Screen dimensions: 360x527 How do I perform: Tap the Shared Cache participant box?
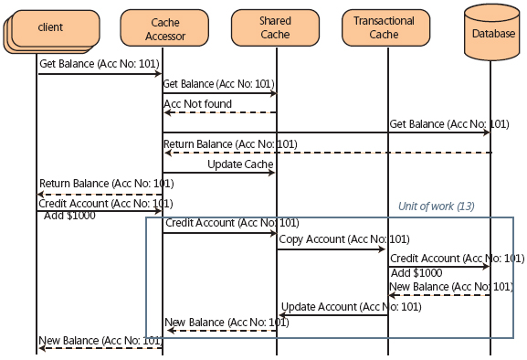tap(275, 26)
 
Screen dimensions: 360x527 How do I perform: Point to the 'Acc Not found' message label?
tap(197, 103)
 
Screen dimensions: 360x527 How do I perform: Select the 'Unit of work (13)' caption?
tap(437, 206)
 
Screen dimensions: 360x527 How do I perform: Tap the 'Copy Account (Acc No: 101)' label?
tap(332, 239)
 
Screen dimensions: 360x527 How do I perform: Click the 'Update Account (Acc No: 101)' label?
tap(351, 306)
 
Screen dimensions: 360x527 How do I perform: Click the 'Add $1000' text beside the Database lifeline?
tap(416, 272)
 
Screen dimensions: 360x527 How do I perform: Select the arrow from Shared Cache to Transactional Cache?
tap(332, 249)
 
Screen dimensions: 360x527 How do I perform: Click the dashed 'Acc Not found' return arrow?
tap(219, 112)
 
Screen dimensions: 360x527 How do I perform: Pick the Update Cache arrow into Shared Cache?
tap(219, 173)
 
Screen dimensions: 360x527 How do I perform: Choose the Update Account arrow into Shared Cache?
tap(332, 315)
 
